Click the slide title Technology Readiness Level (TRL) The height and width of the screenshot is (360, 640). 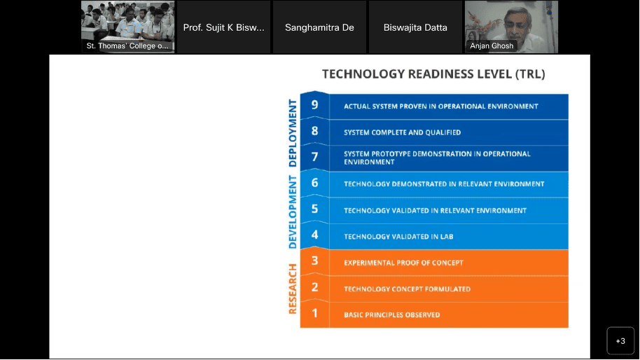(x=433, y=74)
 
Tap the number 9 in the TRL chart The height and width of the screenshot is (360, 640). (x=314, y=105)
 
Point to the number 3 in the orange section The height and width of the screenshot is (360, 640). (x=314, y=261)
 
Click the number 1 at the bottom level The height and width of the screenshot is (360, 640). (x=314, y=313)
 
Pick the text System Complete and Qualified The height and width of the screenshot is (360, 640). (x=402, y=132)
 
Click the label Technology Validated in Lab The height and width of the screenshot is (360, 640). (x=398, y=236)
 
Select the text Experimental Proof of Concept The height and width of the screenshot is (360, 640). (x=403, y=263)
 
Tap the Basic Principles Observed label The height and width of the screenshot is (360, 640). (x=392, y=314)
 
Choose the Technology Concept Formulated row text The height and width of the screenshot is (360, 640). (x=407, y=289)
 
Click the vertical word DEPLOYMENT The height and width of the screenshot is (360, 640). (x=293, y=133)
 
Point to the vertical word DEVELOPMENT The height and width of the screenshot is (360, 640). (x=293, y=212)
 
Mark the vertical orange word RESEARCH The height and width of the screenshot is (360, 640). (x=293, y=289)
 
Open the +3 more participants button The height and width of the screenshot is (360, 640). (x=620, y=341)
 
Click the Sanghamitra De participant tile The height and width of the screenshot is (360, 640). (x=319, y=27)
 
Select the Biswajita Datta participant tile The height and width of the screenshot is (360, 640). (x=415, y=27)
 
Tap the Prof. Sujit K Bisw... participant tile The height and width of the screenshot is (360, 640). (x=223, y=27)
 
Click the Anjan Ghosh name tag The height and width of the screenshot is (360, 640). (x=492, y=46)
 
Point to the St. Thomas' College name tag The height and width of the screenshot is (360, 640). (x=127, y=46)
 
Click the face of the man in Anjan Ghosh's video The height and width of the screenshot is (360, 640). (x=517, y=24)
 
